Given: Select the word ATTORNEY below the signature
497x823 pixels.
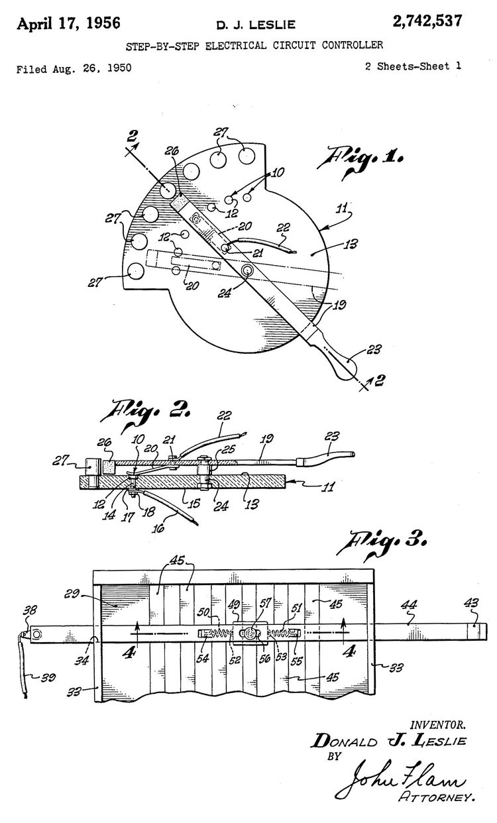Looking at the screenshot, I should click(437, 799).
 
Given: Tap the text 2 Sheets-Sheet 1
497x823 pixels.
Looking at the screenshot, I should click(413, 66).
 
